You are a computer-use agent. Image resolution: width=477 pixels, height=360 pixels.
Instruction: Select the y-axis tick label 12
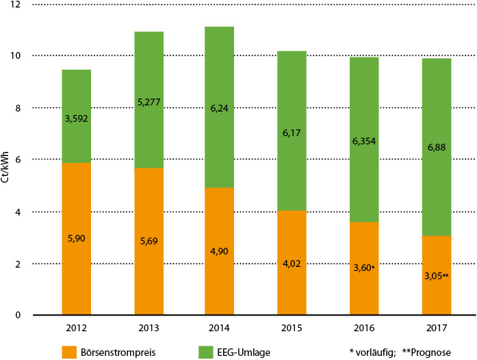[16, 4]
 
